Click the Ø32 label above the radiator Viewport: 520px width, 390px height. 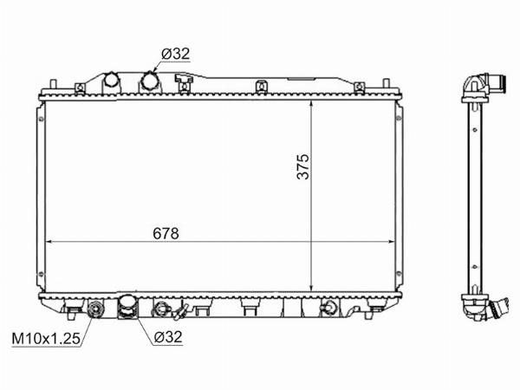[176, 54]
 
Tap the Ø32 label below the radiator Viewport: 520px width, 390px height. [168, 337]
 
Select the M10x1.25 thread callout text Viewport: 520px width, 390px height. [46, 339]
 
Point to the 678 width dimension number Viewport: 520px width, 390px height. [166, 233]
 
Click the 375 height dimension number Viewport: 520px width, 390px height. [302, 166]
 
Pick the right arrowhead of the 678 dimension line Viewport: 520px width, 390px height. [391, 242]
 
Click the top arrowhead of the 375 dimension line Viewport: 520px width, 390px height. [311, 104]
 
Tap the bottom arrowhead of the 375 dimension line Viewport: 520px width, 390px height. [311, 288]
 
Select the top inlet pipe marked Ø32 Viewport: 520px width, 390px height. [150, 82]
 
